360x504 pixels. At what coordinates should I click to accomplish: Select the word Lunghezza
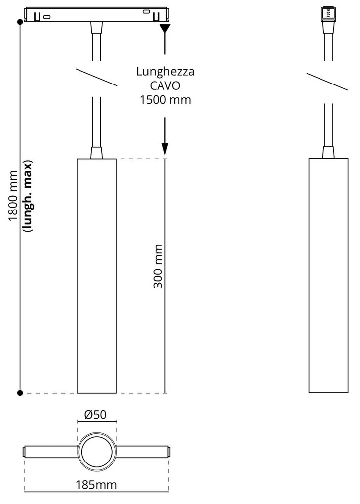[165, 72]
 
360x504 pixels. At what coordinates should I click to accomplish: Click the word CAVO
[165, 85]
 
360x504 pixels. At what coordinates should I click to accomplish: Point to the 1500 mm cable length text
[165, 99]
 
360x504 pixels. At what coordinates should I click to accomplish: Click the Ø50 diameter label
[96, 415]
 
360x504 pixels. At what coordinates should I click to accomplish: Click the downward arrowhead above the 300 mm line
[165, 148]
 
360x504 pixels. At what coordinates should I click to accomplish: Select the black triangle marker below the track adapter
[165, 28]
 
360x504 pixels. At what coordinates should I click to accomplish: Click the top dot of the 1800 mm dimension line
[20, 22]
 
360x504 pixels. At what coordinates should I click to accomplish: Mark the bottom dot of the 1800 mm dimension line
[20, 393]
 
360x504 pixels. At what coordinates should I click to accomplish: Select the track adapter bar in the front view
[97, 15]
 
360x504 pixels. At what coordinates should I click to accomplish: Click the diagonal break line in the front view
[97, 76]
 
